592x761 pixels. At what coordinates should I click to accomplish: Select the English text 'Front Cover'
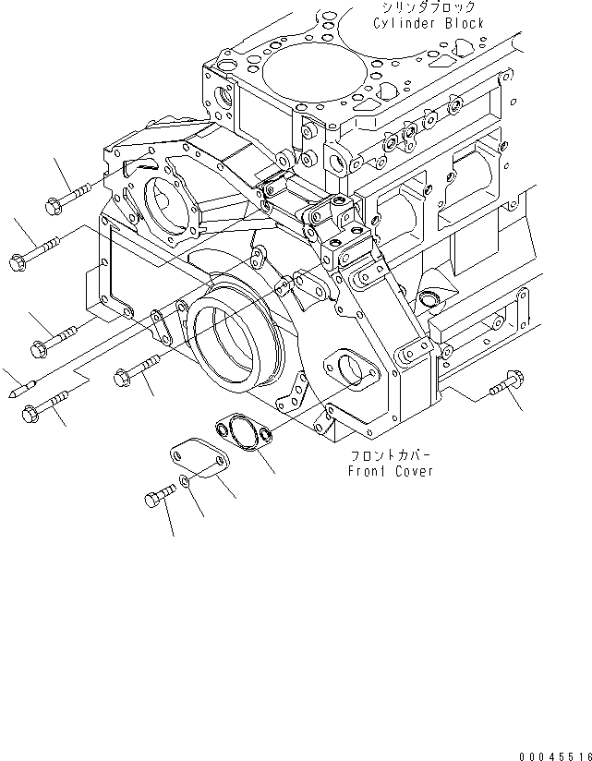[x=391, y=471]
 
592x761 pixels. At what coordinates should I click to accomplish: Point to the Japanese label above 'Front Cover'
[x=391, y=456]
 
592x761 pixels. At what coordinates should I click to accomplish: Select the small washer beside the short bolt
[x=187, y=483]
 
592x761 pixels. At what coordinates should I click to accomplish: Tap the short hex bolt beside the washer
[x=160, y=498]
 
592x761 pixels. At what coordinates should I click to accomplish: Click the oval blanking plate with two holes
[x=199, y=459]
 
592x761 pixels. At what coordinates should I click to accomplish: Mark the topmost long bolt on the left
[x=67, y=195]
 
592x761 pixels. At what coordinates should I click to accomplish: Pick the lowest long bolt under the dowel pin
[x=43, y=405]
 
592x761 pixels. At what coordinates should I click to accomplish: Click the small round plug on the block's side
[x=429, y=297]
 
